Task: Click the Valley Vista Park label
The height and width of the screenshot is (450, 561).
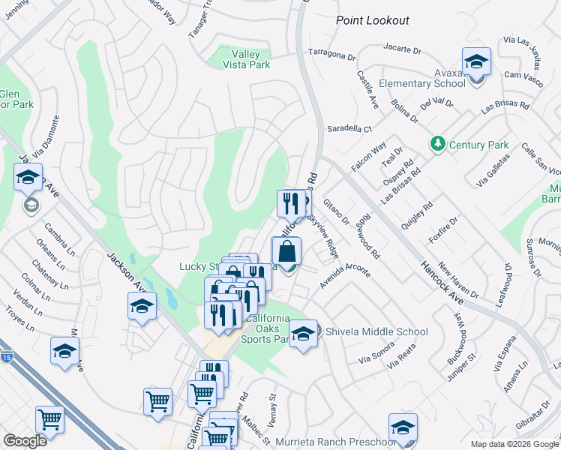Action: click(246, 58)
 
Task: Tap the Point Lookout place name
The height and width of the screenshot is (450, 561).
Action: click(373, 20)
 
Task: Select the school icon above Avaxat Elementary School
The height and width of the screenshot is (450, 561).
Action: click(475, 61)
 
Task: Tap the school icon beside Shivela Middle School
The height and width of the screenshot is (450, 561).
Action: click(303, 334)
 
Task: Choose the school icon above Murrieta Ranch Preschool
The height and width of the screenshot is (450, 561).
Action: click(403, 427)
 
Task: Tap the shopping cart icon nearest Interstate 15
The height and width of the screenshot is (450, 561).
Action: click(49, 419)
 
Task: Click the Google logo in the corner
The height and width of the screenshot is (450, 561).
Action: click(25, 441)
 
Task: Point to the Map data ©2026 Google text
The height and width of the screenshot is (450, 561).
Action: click(514, 444)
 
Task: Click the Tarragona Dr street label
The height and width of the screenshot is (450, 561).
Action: click(331, 55)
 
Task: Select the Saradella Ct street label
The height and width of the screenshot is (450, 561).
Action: click(349, 129)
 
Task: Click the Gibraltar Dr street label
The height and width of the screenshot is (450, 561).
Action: click(537, 419)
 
